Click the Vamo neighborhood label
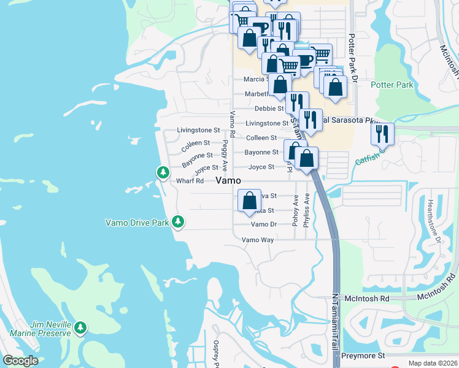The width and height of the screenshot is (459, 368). click(x=228, y=180)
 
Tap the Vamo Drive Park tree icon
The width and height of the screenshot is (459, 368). click(x=178, y=221)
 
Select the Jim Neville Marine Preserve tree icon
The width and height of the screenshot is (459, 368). click(x=80, y=329)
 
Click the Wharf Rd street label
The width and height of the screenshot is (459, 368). click(x=190, y=181)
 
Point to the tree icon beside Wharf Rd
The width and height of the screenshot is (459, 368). click(x=163, y=173)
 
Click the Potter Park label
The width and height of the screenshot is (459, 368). click(x=392, y=85)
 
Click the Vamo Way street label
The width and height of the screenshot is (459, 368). click(x=258, y=240)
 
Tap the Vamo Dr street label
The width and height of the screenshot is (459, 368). click(x=264, y=224)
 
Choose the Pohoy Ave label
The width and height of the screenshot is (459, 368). click(x=296, y=210)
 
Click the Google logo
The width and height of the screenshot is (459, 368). click(x=20, y=361)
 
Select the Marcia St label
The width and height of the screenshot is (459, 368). click(x=255, y=79)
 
